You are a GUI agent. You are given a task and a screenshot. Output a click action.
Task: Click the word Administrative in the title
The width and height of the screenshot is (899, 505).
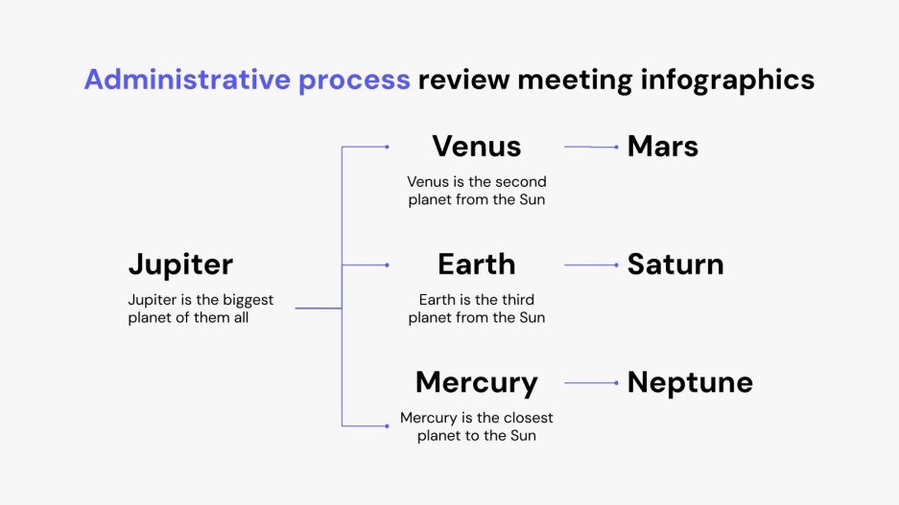(186, 80)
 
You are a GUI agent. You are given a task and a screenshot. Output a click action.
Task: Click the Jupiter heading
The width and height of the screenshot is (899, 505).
(180, 264)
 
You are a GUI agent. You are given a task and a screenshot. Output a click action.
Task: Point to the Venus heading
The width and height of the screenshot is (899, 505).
(476, 147)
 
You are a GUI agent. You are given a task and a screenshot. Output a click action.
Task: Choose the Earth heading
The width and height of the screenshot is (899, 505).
(476, 264)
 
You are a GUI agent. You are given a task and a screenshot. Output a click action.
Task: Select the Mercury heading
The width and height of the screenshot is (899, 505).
(476, 382)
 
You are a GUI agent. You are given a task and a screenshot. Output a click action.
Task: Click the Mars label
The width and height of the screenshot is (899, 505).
(662, 147)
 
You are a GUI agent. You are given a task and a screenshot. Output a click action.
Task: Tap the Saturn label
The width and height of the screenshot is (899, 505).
(674, 264)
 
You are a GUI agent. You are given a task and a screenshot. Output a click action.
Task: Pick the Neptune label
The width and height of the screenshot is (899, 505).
(690, 382)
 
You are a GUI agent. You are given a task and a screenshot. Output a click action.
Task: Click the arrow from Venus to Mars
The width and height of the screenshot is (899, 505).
(591, 147)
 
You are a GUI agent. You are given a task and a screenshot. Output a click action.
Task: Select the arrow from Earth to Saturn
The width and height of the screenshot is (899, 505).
(591, 264)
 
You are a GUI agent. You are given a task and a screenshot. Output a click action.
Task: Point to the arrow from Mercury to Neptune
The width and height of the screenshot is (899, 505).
(591, 382)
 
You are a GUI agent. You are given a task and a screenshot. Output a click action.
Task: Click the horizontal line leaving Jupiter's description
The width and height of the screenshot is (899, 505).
(318, 308)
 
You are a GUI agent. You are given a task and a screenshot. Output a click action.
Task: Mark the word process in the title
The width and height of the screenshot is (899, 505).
(353, 80)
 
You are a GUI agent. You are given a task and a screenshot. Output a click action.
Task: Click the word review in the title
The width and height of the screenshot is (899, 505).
(463, 80)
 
